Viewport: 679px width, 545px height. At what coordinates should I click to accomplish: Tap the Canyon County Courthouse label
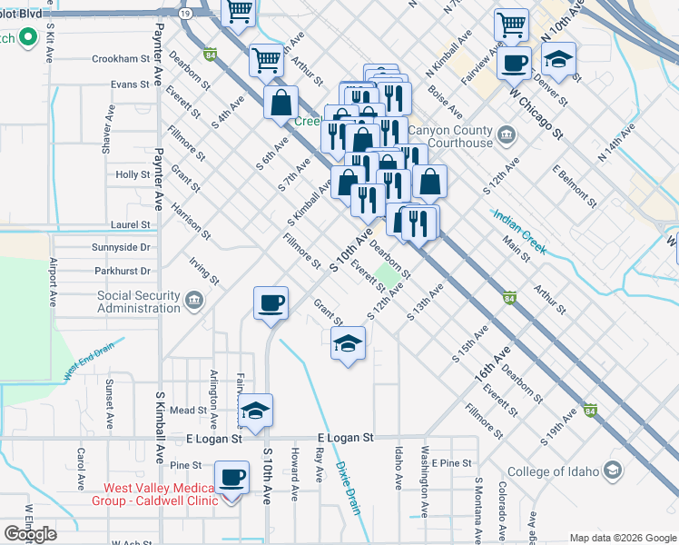point(450,136)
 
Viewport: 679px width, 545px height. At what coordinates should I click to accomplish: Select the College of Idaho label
point(554,471)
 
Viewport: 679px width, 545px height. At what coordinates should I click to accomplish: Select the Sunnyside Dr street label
point(121,247)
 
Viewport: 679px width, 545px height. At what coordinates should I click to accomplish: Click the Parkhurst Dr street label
point(121,271)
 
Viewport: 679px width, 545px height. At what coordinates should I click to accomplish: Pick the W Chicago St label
point(536,113)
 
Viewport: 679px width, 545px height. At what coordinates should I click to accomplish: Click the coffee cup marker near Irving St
point(270,303)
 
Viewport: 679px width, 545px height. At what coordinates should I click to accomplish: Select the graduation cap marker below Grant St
point(347,344)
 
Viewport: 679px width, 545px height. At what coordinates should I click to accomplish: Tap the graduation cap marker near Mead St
point(255,411)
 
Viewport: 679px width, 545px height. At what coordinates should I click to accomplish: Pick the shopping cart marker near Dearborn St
point(267,60)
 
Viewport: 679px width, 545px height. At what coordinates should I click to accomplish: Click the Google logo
point(30,533)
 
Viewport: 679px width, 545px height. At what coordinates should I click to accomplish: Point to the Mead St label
point(189,411)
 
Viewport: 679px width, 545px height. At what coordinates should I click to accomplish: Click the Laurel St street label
point(131,224)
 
